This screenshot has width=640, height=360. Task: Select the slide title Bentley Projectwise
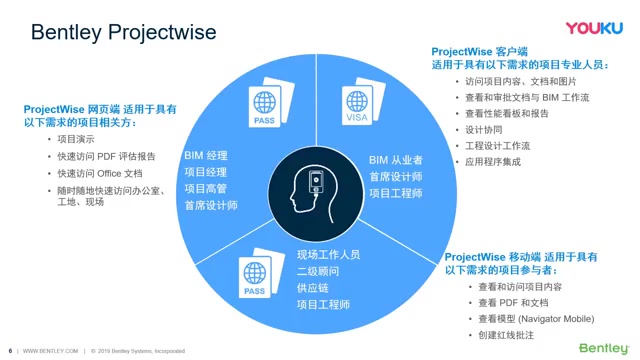click(x=123, y=32)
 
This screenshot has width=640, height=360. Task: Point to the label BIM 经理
click(x=206, y=157)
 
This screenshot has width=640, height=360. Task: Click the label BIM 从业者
click(x=395, y=160)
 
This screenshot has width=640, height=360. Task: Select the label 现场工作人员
click(x=328, y=254)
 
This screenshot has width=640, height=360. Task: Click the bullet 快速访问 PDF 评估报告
click(x=105, y=156)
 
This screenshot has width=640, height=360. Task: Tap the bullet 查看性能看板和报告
click(x=507, y=114)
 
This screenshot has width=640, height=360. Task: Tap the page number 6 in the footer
click(x=10, y=351)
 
